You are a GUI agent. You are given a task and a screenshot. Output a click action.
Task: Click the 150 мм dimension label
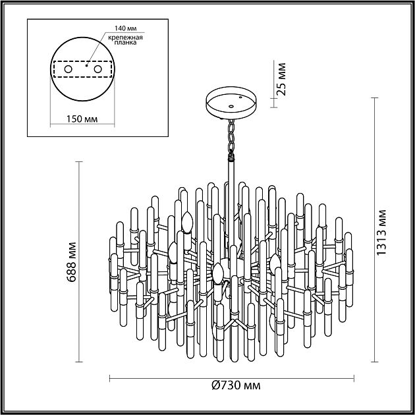[x=82, y=119]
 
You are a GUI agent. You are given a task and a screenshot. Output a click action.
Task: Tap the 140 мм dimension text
[x=125, y=28]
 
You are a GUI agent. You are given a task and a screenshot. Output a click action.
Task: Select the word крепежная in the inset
[x=125, y=38]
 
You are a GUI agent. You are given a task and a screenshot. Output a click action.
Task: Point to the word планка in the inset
[x=125, y=43]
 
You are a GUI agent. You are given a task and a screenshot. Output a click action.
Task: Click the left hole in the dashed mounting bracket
[x=69, y=69]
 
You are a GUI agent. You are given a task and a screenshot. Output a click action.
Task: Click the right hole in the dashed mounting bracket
[x=97, y=69]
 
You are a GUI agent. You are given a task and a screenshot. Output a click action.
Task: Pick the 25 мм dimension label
[x=281, y=79]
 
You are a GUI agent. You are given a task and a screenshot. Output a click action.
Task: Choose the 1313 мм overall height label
[x=381, y=233]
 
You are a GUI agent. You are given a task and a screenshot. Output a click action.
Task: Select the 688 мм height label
[x=71, y=262]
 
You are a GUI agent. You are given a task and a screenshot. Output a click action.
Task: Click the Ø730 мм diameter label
[x=236, y=385]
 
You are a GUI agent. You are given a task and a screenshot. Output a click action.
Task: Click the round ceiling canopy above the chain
[x=231, y=103]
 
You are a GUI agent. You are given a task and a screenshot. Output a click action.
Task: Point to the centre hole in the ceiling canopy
[x=231, y=107]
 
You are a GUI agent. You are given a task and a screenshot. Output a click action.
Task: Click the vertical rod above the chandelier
[x=232, y=206]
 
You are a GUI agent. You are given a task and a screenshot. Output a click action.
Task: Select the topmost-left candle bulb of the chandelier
[x=187, y=222]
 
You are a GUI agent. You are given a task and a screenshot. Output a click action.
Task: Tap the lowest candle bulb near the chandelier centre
[x=218, y=273]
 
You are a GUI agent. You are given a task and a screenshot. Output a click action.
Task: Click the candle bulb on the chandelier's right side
[x=275, y=263]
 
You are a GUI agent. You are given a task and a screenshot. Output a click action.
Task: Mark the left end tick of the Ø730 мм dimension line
[x=109, y=378]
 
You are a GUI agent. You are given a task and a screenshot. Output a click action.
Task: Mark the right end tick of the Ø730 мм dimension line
[x=354, y=378]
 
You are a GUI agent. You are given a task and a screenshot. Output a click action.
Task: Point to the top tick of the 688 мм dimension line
[x=79, y=161]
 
